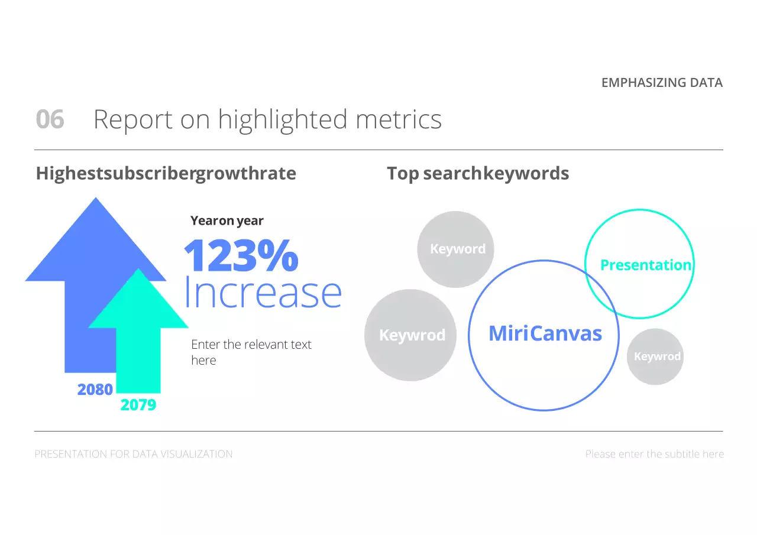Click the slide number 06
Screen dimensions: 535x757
50,119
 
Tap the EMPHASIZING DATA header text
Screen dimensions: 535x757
662,83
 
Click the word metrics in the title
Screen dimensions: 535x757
398,119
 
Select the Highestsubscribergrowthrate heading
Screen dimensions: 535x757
166,173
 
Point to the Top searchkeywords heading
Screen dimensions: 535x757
478,173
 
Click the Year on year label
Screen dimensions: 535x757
227,221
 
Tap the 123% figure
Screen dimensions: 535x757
241,255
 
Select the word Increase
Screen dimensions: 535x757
263,292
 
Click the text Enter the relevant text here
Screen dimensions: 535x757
251,352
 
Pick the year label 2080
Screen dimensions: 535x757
95,390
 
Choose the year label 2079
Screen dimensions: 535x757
138,405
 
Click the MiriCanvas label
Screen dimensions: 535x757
545,334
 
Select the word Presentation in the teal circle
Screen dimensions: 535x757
645,265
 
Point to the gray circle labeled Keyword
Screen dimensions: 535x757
456,249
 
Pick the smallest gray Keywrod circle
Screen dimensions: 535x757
655,356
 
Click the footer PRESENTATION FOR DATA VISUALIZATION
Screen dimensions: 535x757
134,454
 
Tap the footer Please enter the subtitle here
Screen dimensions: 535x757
654,454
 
